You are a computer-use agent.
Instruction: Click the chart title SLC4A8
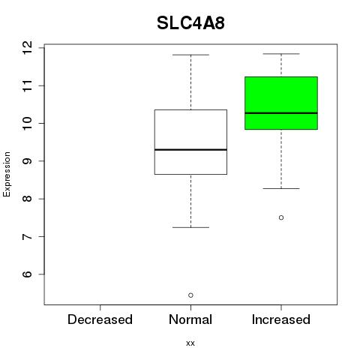[190, 23]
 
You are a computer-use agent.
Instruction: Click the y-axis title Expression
[7, 174]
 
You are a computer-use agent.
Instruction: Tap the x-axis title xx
[190, 343]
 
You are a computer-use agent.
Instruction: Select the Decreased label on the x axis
[100, 319]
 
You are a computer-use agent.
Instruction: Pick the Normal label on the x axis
[190, 319]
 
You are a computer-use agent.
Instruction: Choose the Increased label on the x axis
[281, 319]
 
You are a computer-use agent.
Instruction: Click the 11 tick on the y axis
[28, 85]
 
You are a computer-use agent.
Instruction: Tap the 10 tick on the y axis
[28, 123]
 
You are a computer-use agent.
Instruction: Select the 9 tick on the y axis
[28, 161]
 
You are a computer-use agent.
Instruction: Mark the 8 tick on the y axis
[28, 199]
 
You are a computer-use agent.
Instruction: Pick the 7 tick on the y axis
[28, 236]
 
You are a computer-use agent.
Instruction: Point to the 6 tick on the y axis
[28, 274]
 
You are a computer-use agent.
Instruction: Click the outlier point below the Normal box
[190, 295]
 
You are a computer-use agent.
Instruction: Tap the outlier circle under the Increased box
[281, 217]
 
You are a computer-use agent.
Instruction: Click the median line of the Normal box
[190, 149]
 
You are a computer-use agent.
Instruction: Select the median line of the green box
[281, 113]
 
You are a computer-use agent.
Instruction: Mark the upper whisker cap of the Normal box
[190, 55]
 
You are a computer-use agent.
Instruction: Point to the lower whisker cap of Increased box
[281, 188]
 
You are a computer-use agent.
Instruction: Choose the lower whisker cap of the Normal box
[190, 227]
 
